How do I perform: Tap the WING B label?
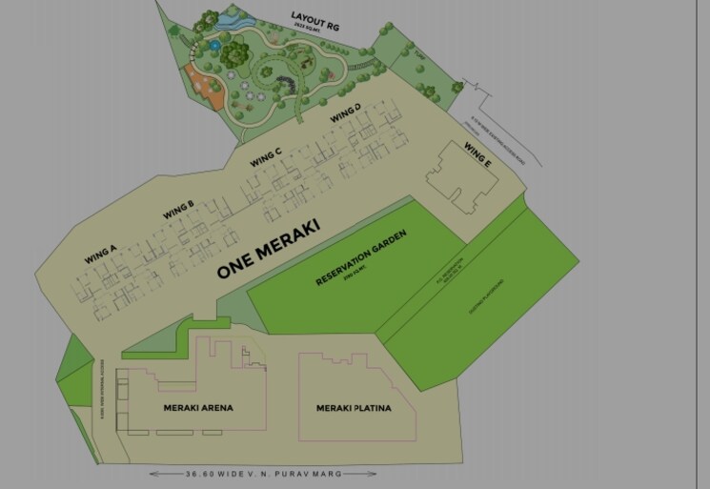tap(178, 209)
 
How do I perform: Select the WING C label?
tap(264, 158)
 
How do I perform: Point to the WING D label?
tap(344, 113)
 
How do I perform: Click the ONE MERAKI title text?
tap(268, 249)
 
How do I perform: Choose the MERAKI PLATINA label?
tap(354, 408)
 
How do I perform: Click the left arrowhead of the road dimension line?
tap(151, 472)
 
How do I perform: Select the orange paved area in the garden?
tap(200, 83)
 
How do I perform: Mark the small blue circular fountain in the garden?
tap(215, 44)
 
